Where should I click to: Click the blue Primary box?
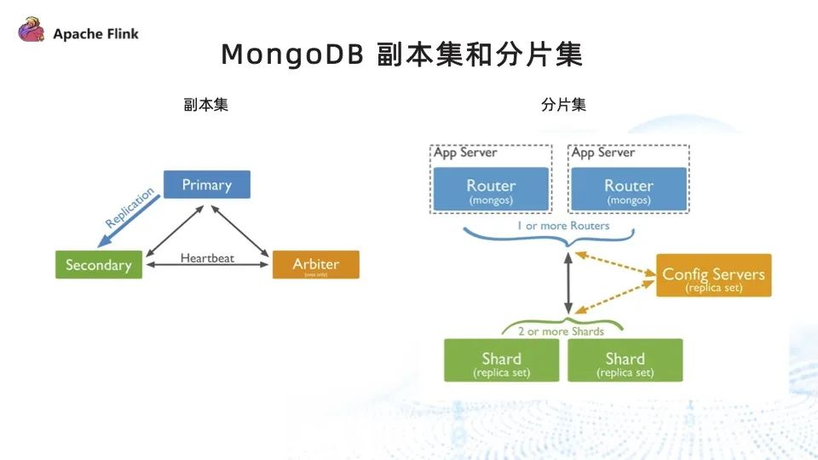click(207, 185)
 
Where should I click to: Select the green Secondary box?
click(99, 265)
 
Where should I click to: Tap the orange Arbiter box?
click(316, 265)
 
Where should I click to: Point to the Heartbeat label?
click(207, 258)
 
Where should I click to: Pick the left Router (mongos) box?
click(491, 189)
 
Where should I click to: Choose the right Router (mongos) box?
click(629, 189)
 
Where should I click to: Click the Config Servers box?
click(713, 276)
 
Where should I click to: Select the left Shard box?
click(502, 360)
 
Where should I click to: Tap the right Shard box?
click(625, 360)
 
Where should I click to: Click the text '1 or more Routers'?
click(563, 226)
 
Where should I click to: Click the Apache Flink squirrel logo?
click(32, 32)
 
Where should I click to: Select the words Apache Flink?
click(95, 34)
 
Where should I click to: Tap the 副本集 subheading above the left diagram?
click(205, 106)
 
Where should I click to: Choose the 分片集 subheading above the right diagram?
click(563, 106)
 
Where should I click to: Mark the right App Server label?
click(603, 153)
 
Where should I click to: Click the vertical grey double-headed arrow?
click(568, 283)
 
